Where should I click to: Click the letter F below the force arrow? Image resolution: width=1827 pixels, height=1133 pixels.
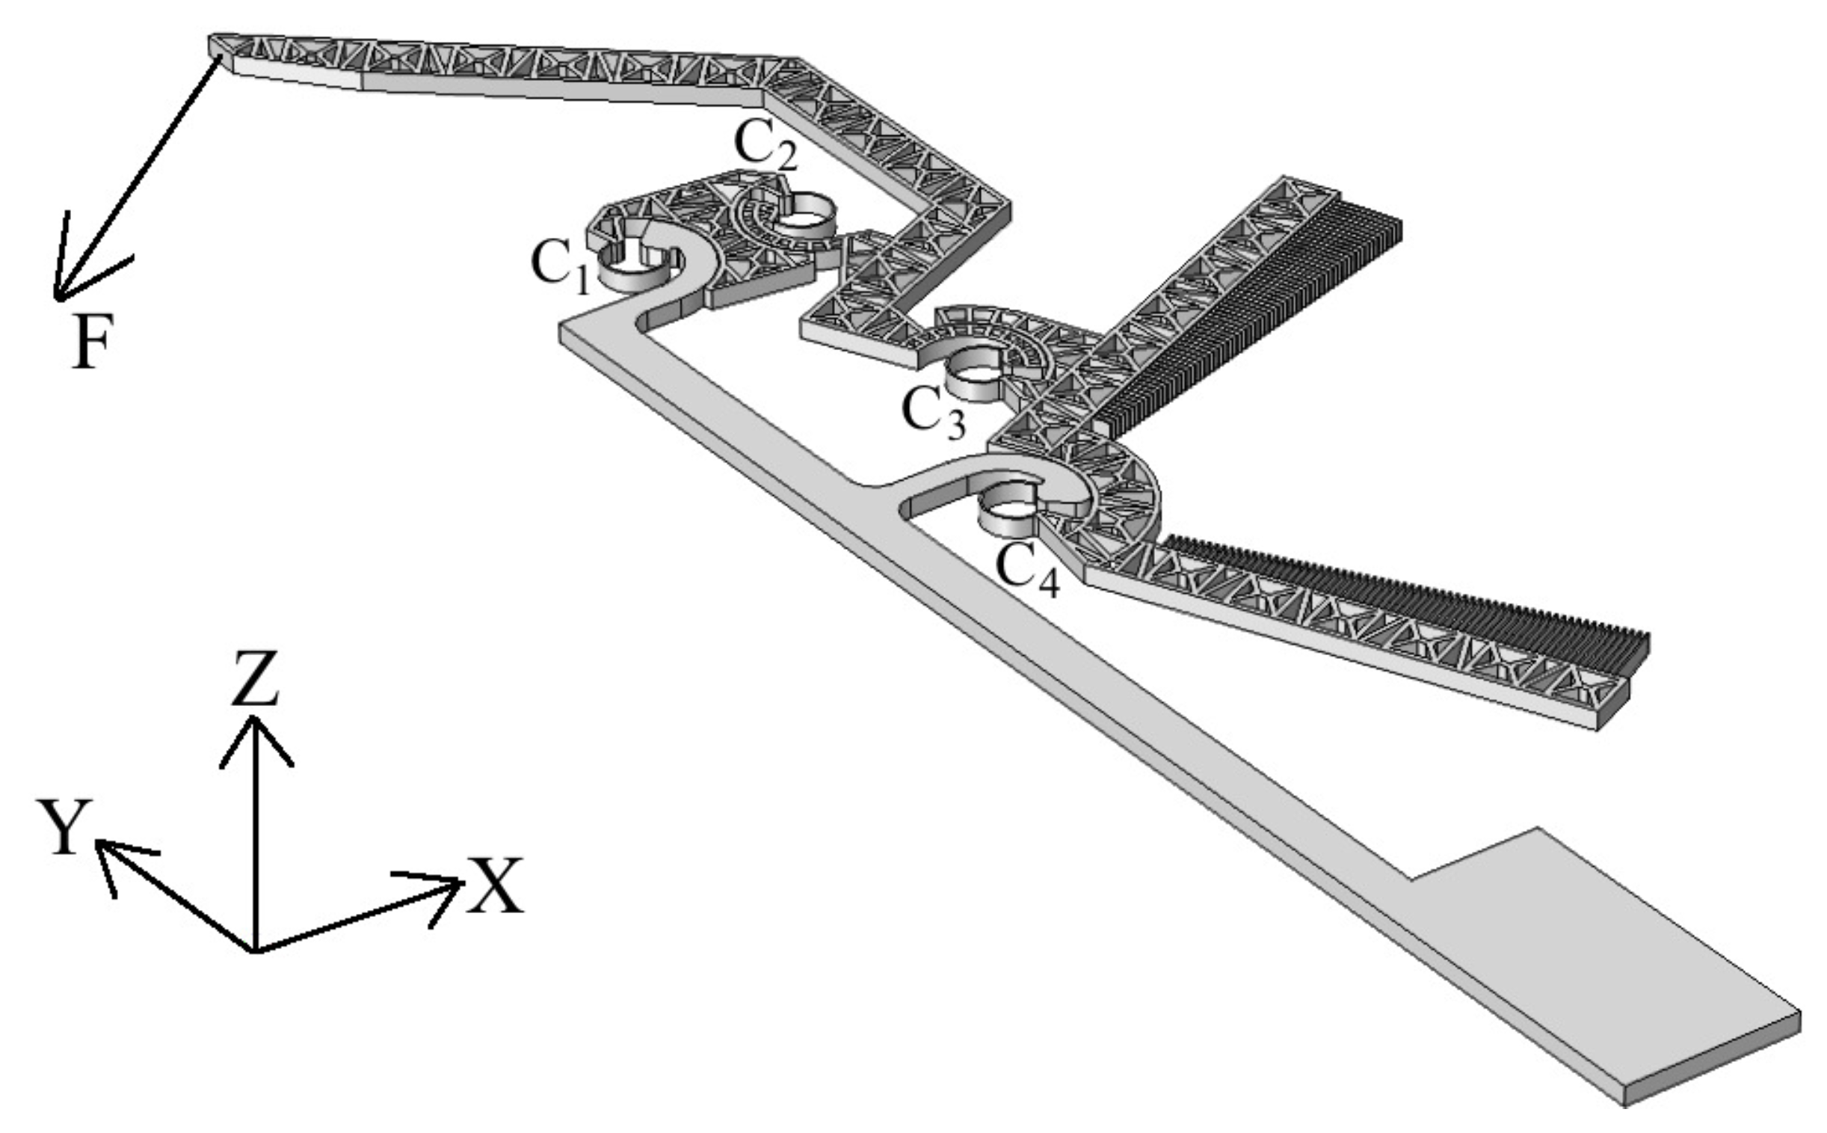93,341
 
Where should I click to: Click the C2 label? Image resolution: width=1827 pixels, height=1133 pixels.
765,146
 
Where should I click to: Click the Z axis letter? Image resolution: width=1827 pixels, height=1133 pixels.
256,678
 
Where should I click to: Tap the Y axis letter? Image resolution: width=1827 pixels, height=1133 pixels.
65,826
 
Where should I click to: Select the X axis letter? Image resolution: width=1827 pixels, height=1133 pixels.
494,886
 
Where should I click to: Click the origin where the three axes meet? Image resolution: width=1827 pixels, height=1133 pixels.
256,952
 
